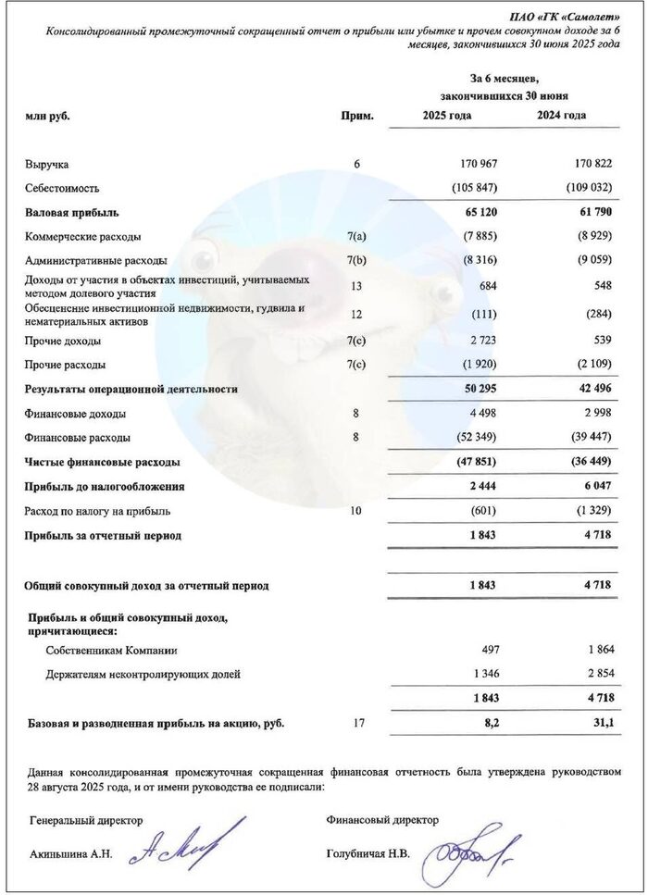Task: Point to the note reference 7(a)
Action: click(356, 236)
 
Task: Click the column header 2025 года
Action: click(447, 116)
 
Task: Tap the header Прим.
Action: click(357, 117)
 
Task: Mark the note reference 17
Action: click(356, 724)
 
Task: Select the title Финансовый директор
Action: click(382, 820)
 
